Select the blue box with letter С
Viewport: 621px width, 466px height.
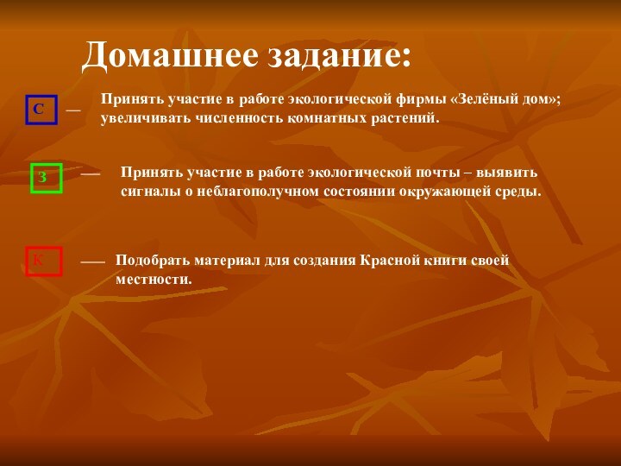[41, 110]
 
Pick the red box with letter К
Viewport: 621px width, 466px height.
[44, 261]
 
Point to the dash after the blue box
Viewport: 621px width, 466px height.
[73, 110]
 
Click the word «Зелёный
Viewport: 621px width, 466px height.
[484, 99]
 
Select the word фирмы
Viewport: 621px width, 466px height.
[422, 99]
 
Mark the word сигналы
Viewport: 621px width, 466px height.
[148, 191]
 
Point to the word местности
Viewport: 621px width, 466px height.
[154, 280]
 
